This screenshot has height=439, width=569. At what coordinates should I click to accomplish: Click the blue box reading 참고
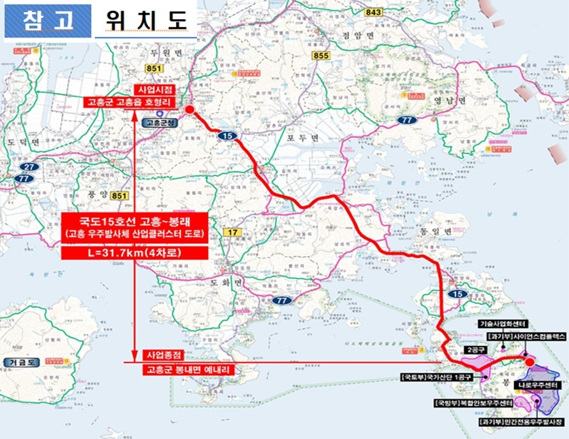[48, 20]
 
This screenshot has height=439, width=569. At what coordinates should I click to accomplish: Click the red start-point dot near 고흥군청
[189, 110]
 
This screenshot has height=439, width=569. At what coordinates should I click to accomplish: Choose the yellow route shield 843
[374, 12]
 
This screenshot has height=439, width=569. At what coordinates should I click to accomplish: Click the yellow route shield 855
[321, 56]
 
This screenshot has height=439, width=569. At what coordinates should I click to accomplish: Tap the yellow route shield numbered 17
[233, 232]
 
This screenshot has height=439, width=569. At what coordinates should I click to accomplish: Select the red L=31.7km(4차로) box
[135, 253]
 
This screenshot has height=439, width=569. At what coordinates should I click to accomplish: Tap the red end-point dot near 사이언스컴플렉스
[529, 362]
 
